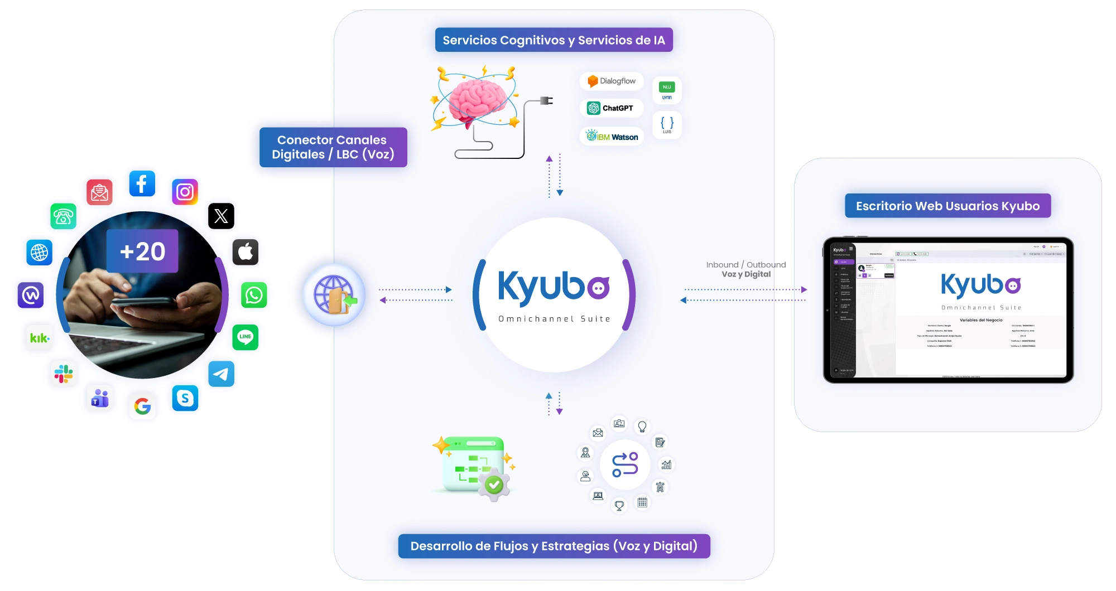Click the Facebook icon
pos(142,183)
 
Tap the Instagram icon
pos(185,192)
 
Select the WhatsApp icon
pos(254,295)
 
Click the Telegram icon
pos(221,374)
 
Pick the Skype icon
pos(185,398)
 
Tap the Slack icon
pos(64,374)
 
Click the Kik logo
pos(40,338)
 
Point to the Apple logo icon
pos(246,252)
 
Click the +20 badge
pos(142,251)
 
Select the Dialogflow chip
pos(612,81)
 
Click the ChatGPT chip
pos(612,108)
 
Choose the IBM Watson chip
pos(612,137)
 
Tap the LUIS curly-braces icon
pos(667,124)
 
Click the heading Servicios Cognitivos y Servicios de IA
pos(554,40)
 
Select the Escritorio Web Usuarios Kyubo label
pos(947,206)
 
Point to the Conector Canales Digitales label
pos(333,147)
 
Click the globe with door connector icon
pos(334,295)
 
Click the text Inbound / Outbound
pos(745,265)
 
